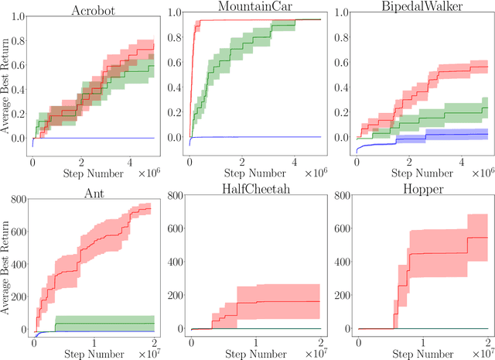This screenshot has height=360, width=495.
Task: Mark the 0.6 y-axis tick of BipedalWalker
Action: (x=341, y=67)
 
